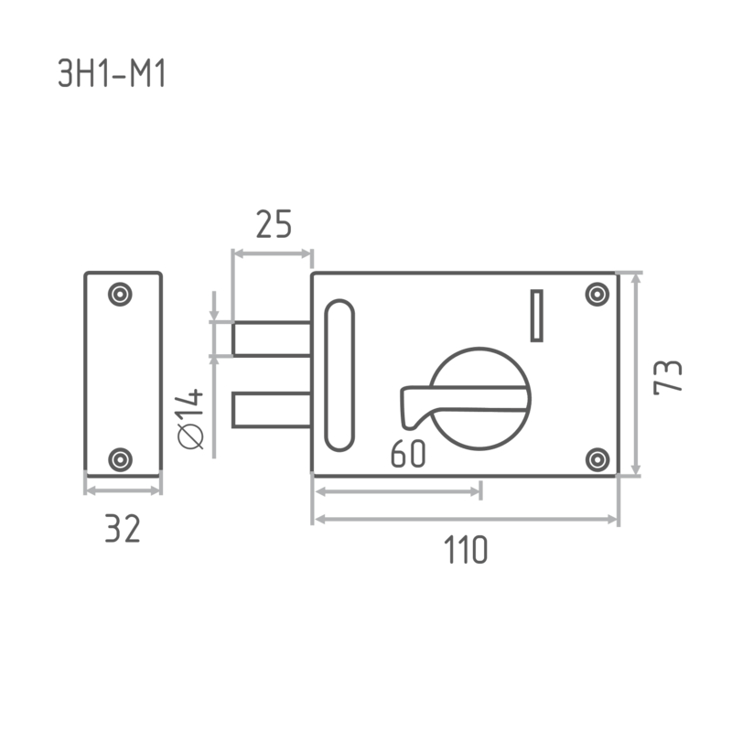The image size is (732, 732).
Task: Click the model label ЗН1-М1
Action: tap(112, 74)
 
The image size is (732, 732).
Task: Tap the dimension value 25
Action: tap(274, 224)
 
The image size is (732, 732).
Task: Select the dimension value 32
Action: tap(123, 529)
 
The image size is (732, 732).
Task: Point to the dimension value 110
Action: tap(466, 550)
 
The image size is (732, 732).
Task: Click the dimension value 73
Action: tap(668, 377)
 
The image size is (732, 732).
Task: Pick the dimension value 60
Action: tap(408, 453)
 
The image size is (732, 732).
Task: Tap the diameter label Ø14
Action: tap(191, 419)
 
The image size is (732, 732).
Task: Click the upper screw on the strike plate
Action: tap(120, 295)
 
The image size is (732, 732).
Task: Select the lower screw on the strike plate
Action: tap(120, 460)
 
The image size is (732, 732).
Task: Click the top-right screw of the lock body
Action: tap(597, 295)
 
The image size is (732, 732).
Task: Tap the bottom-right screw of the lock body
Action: tap(597, 460)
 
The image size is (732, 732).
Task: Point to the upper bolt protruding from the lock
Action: tap(272, 339)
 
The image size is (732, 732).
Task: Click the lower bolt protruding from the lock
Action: tap(272, 410)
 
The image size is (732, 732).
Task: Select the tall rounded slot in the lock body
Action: tap(339, 375)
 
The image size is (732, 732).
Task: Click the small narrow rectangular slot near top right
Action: tap(537, 316)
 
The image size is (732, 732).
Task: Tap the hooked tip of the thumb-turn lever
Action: tap(408, 423)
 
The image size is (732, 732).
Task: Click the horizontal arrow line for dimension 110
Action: tap(467, 519)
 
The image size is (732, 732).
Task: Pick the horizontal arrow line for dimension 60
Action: tap(398, 491)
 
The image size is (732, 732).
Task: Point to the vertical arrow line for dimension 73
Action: tap(636, 374)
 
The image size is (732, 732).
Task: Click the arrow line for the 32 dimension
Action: tap(124, 490)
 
